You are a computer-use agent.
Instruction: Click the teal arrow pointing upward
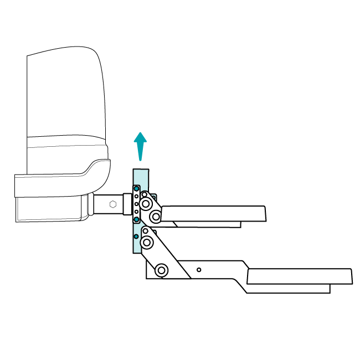tap(141, 145)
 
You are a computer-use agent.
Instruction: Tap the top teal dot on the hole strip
tap(136, 189)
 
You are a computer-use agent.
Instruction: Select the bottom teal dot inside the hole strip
tap(136, 219)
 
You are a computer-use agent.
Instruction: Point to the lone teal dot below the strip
tap(136, 236)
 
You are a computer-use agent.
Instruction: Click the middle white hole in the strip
tap(136, 204)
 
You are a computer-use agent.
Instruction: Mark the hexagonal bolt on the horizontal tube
tap(113, 204)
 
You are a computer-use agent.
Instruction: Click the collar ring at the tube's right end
tap(127, 204)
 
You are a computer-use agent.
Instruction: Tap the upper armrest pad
tap(213, 213)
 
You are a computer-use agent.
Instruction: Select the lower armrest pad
tap(299, 276)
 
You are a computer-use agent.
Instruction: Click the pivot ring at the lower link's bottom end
tap(162, 270)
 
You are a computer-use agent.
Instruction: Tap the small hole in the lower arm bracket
tap(199, 270)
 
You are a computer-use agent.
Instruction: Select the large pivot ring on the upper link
tap(146, 204)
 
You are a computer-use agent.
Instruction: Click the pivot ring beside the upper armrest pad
tap(156, 217)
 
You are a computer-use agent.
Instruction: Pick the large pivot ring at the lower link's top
tap(147, 242)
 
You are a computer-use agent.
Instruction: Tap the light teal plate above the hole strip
tap(141, 176)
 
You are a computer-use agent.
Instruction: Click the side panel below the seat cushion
tap(50, 209)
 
